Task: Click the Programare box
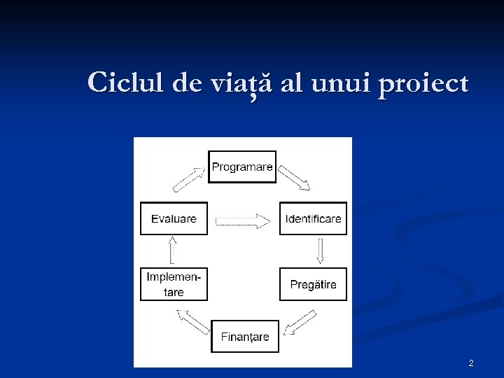242,167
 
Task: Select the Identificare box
313,218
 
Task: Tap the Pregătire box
313,284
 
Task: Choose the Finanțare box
245,337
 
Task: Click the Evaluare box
174,218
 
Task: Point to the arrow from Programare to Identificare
295,178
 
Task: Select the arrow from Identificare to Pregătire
320,251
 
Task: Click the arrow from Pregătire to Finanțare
300,323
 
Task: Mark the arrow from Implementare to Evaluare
171,251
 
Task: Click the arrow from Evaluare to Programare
188,178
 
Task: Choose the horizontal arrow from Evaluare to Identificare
242,221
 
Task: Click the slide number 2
470,363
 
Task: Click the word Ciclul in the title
127,83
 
